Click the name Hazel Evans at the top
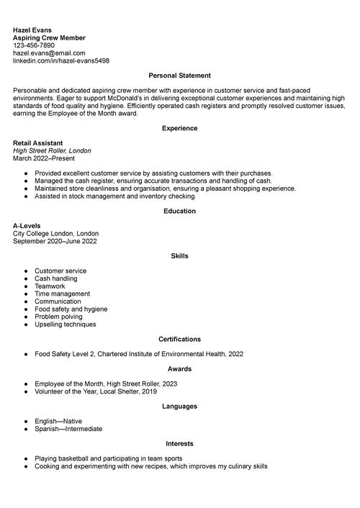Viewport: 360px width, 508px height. pos(32,30)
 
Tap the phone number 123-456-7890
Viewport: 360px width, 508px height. pos(33,45)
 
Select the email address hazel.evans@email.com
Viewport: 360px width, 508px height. pos(49,53)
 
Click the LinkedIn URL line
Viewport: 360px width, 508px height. pos(61,61)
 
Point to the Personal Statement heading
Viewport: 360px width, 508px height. pos(179,76)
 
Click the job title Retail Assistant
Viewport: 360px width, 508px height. pos(37,142)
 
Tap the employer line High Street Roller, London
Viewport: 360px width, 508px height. pos(52,150)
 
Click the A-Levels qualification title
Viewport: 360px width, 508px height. pos(28,226)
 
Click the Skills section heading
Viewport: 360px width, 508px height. pos(179,256)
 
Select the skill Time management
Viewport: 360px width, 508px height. pos(62,294)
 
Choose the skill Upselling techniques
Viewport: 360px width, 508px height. pos(65,325)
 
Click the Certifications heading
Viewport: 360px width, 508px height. pos(179,339)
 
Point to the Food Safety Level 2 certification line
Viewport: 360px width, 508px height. pos(138,354)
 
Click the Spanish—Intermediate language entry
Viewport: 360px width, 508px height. pos(68,429)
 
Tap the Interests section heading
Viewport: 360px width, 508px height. pos(179,443)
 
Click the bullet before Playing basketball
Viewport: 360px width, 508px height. pos(26,458)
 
